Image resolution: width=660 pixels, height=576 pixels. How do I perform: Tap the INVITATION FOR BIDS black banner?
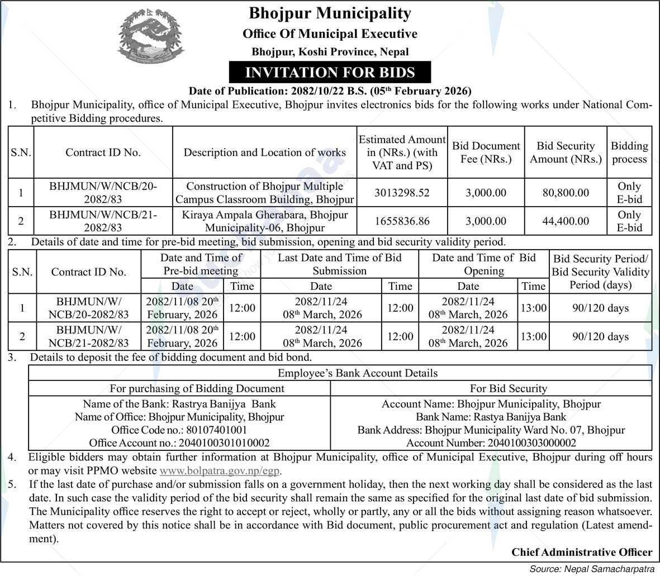[330, 73]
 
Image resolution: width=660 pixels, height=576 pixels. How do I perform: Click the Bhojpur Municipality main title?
[330, 13]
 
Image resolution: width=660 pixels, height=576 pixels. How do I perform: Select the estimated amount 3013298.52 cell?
[402, 193]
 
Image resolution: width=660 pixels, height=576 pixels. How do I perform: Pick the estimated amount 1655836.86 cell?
[402, 221]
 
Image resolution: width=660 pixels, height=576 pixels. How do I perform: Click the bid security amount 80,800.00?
[566, 193]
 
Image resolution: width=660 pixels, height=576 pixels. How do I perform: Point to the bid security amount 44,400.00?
[566, 221]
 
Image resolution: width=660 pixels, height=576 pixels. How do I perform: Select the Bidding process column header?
[629, 153]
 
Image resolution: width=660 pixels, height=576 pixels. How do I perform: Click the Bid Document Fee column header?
[486, 153]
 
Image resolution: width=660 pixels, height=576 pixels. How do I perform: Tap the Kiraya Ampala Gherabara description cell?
[264, 221]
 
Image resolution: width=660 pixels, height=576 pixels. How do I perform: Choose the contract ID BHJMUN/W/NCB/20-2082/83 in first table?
[103, 193]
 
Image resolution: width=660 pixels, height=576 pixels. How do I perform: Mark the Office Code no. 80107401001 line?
[179, 430]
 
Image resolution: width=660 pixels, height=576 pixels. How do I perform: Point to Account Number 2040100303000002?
[491, 443]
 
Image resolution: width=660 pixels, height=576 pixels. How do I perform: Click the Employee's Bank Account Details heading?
[358, 373]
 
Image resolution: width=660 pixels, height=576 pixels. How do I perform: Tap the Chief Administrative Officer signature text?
[581, 552]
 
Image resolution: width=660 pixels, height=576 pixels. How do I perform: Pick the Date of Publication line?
[330, 91]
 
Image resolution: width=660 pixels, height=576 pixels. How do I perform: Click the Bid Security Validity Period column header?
[600, 272]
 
